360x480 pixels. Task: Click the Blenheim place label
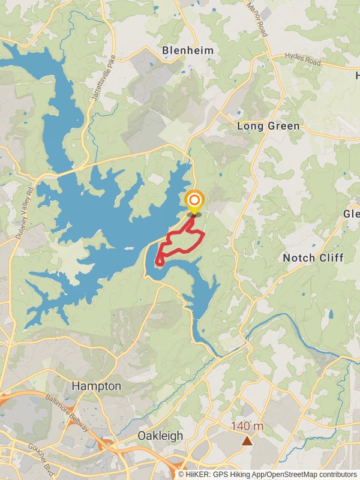(x=188, y=50)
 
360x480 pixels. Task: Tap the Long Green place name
(x=268, y=126)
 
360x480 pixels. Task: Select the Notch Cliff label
(x=313, y=257)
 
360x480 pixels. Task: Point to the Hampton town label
(x=96, y=386)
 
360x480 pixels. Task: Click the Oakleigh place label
(x=160, y=436)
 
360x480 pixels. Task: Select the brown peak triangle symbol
(x=247, y=441)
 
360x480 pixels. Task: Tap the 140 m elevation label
(x=247, y=427)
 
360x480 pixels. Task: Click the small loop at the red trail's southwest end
(x=160, y=260)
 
